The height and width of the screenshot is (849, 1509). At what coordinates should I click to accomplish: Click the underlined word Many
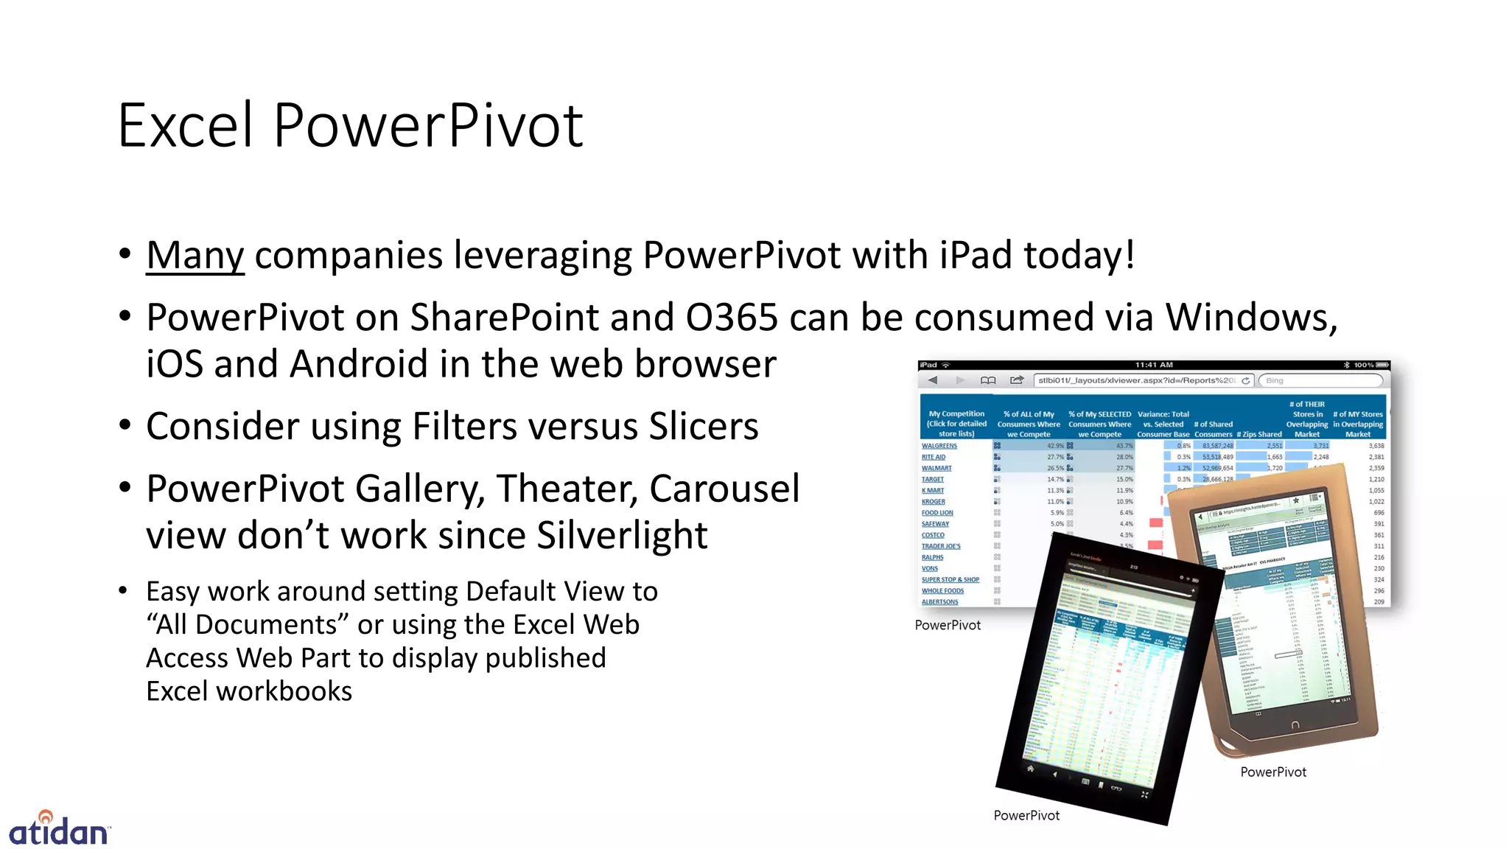pyautogui.click(x=195, y=256)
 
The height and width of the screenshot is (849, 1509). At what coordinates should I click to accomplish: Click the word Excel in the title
pyautogui.click(x=186, y=125)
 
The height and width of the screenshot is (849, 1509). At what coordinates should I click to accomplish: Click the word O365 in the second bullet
pyautogui.click(x=732, y=318)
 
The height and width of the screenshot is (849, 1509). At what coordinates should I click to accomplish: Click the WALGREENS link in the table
pyautogui.click(x=939, y=446)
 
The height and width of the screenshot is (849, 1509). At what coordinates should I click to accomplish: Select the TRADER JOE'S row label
pyautogui.click(x=941, y=546)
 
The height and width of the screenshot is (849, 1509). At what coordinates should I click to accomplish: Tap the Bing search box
pyautogui.click(x=1320, y=380)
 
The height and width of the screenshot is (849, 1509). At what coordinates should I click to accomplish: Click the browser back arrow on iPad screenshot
pyautogui.click(x=933, y=380)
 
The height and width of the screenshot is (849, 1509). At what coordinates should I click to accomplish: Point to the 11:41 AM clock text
pyautogui.click(x=1154, y=365)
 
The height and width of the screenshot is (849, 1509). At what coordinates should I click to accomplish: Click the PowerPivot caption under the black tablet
pyautogui.click(x=1026, y=815)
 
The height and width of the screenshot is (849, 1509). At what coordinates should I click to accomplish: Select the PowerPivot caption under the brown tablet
pyautogui.click(x=1272, y=772)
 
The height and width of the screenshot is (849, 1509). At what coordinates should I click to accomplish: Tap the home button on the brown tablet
pyautogui.click(x=1295, y=725)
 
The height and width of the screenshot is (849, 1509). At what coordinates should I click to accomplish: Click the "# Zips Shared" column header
pyautogui.click(x=1258, y=434)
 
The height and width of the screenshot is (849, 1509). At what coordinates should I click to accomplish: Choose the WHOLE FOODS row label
pyautogui.click(x=942, y=591)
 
